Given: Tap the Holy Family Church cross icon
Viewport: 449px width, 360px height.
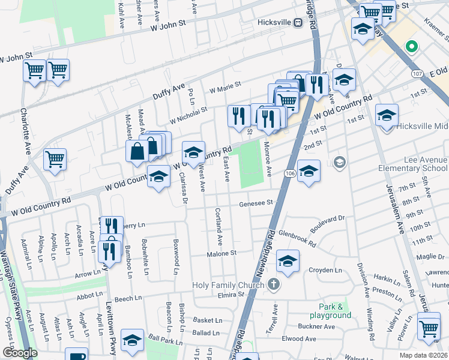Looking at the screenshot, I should pos(274,284).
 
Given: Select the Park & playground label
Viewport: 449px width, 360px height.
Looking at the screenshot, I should pos(331,311).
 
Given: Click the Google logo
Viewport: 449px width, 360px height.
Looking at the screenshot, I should pos(19,353).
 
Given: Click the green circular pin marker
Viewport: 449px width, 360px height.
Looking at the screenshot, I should pos(411,46).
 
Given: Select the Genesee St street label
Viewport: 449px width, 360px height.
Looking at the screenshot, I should pos(256,203).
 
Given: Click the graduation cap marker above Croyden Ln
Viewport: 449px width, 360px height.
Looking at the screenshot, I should pos(288,261).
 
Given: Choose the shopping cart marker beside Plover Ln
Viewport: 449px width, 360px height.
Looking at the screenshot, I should pos(429,328).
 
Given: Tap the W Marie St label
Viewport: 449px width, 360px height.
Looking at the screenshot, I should pos(224,88).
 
